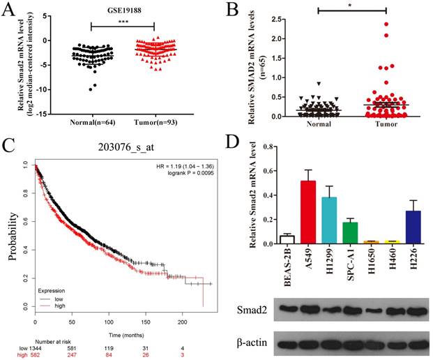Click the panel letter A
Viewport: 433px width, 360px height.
coord(10,10)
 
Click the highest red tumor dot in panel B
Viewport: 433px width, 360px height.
coord(385,24)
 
